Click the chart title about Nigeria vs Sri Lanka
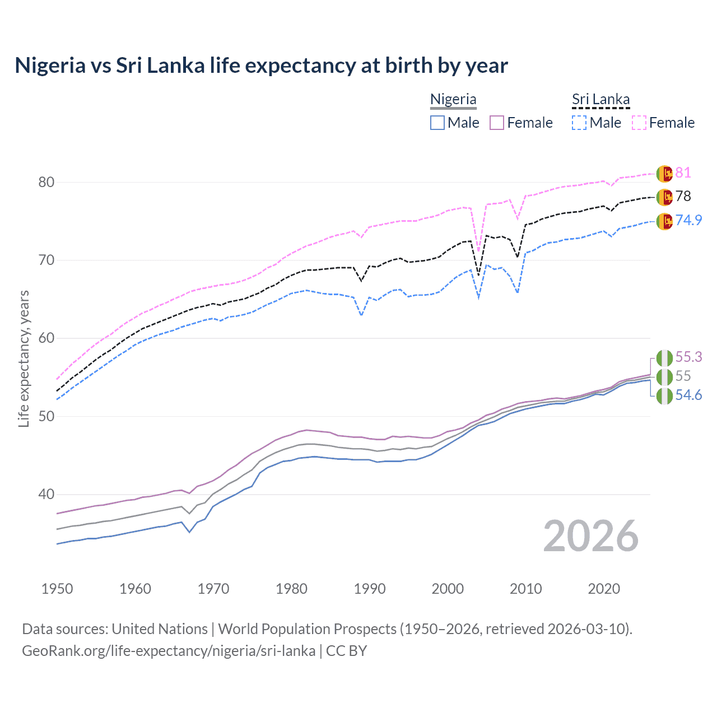click(261, 66)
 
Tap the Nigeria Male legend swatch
click(437, 123)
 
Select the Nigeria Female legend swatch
click(497, 123)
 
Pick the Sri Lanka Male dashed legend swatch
click(579, 123)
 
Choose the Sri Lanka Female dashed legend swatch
click(639, 123)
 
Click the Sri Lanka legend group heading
click(600, 100)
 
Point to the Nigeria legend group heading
click(453, 100)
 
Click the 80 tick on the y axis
click(46, 182)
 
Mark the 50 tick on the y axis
click(46, 416)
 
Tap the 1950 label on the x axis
click(57, 589)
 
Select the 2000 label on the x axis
click(448, 589)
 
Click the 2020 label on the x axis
click(604, 589)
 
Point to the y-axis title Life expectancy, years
click(24, 358)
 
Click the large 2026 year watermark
click(590, 536)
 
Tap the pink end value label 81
click(683, 173)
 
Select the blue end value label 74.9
click(688, 220)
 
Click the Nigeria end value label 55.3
click(688, 357)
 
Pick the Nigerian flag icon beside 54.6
click(664, 395)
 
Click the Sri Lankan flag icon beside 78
click(664, 197)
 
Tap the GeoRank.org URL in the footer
click(168, 651)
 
